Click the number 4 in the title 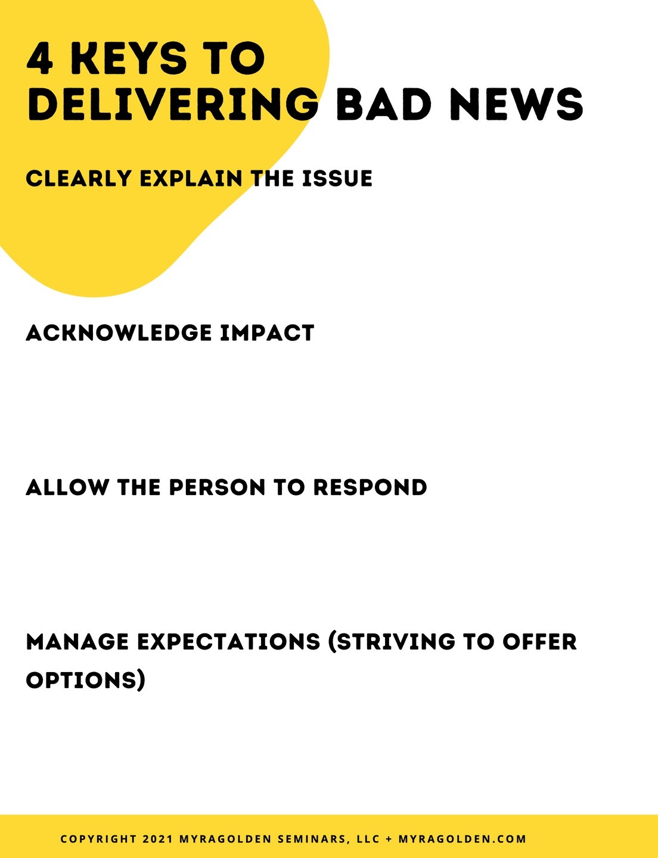pos(40,60)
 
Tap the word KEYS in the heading pos(129,60)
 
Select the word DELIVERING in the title pos(173,104)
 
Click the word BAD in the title pos(384,104)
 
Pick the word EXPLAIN pos(191,179)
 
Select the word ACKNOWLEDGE pos(119,333)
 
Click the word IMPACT pos(267,333)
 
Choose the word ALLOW pos(67,487)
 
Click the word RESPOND pos(370,487)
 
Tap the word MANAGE pos(77,642)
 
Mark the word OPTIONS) pos(85,680)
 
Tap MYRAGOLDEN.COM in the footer pos(463,839)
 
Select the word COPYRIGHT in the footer pos(98,839)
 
